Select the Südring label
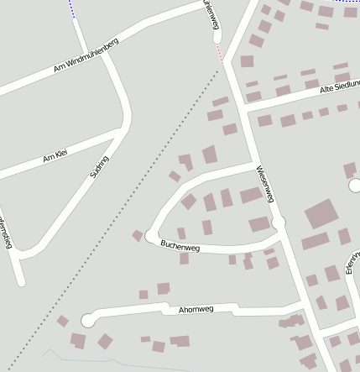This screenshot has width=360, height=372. [99, 168]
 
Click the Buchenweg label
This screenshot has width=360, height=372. [180, 246]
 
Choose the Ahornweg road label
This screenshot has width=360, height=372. [196, 309]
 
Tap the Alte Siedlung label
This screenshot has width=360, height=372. [340, 86]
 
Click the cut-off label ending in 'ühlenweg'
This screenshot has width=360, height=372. [212, 15]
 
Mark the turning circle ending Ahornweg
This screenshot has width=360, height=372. [88, 320]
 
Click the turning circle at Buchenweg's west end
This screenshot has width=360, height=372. [151, 235]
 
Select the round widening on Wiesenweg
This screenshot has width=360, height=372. [278, 222]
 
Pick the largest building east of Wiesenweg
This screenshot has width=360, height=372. [321, 214]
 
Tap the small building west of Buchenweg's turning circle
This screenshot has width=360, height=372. [137, 236]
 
